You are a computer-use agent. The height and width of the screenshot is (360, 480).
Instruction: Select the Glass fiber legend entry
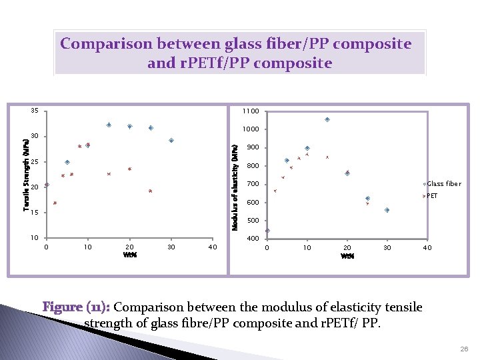tap(443, 184)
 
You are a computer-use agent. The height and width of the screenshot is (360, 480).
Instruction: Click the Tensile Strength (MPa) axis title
tap(26, 175)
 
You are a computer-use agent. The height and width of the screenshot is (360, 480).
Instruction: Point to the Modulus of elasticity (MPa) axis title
tap(235, 184)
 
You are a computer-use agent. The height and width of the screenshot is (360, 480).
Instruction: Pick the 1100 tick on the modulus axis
tap(251, 111)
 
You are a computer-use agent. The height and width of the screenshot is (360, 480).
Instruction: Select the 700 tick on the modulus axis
tap(253, 184)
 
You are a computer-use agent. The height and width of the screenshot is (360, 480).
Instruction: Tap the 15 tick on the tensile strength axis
tap(34, 213)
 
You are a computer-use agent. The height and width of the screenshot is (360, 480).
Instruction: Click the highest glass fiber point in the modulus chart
tap(327, 119)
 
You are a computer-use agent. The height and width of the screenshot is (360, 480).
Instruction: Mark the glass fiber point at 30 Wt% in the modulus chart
tap(387, 210)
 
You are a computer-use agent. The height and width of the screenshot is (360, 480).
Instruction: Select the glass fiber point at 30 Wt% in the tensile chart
tap(171, 140)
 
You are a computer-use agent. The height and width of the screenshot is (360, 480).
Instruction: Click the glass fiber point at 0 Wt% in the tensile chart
tap(47, 185)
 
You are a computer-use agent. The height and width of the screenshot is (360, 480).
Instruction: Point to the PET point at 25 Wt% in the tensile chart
tap(151, 191)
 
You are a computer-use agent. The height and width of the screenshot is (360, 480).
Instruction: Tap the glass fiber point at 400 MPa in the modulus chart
tap(267, 231)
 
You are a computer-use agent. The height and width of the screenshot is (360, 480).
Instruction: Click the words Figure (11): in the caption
tap(77, 307)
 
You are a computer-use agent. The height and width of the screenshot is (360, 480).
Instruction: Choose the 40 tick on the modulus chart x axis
tap(427, 248)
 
